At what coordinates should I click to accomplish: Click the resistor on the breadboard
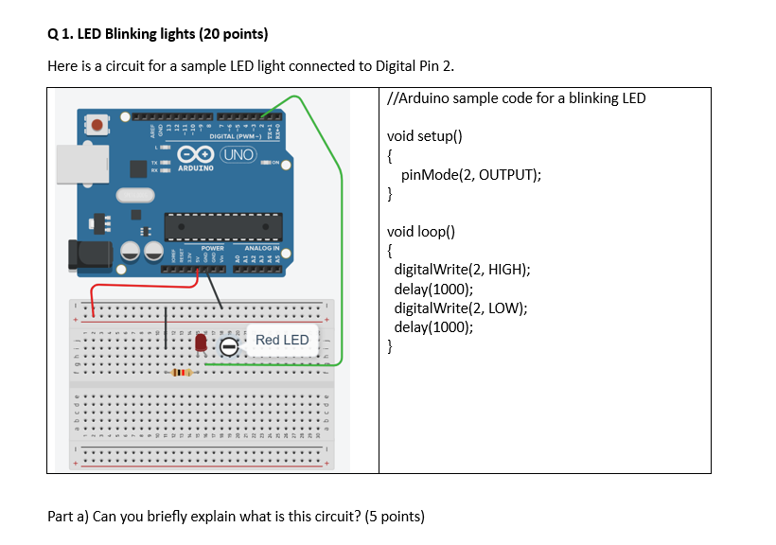pyautogui.click(x=180, y=373)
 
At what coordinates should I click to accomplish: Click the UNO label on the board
pyautogui.click(x=237, y=154)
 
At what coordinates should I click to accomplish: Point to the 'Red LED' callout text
pyautogui.click(x=281, y=340)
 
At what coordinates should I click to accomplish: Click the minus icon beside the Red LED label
pyautogui.click(x=229, y=348)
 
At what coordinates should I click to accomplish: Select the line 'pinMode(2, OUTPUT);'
pyautogui.click(x=470, y=175)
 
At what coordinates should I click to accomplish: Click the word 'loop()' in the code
pyautogui.click(x=436, y=230)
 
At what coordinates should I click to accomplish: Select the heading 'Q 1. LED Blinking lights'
pyautogui.click(x=157, y=35)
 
